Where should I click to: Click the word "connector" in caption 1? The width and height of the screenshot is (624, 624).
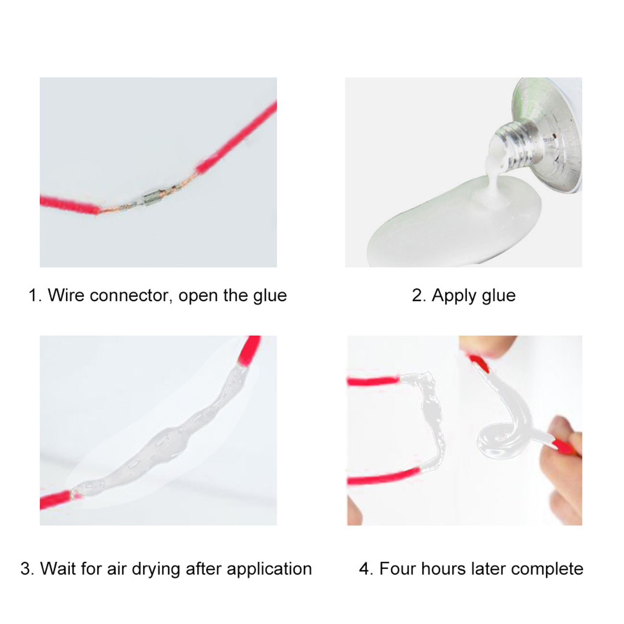131,295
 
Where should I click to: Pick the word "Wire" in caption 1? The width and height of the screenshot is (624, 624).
66,295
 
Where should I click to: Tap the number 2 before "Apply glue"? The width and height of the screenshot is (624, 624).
417,295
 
